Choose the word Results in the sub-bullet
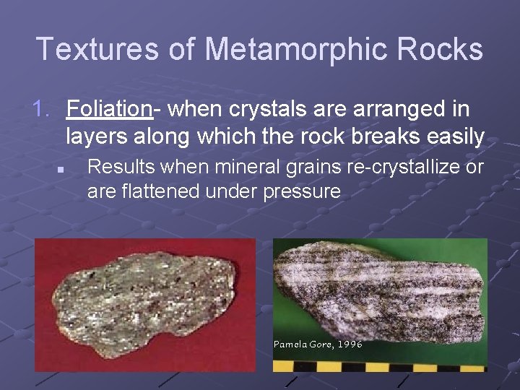pyautogui.click(x=118, y=167)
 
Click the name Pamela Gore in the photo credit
pyautogui.click(x=303, y=344)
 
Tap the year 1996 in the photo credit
pyautogui.click(x=350, y=344)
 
